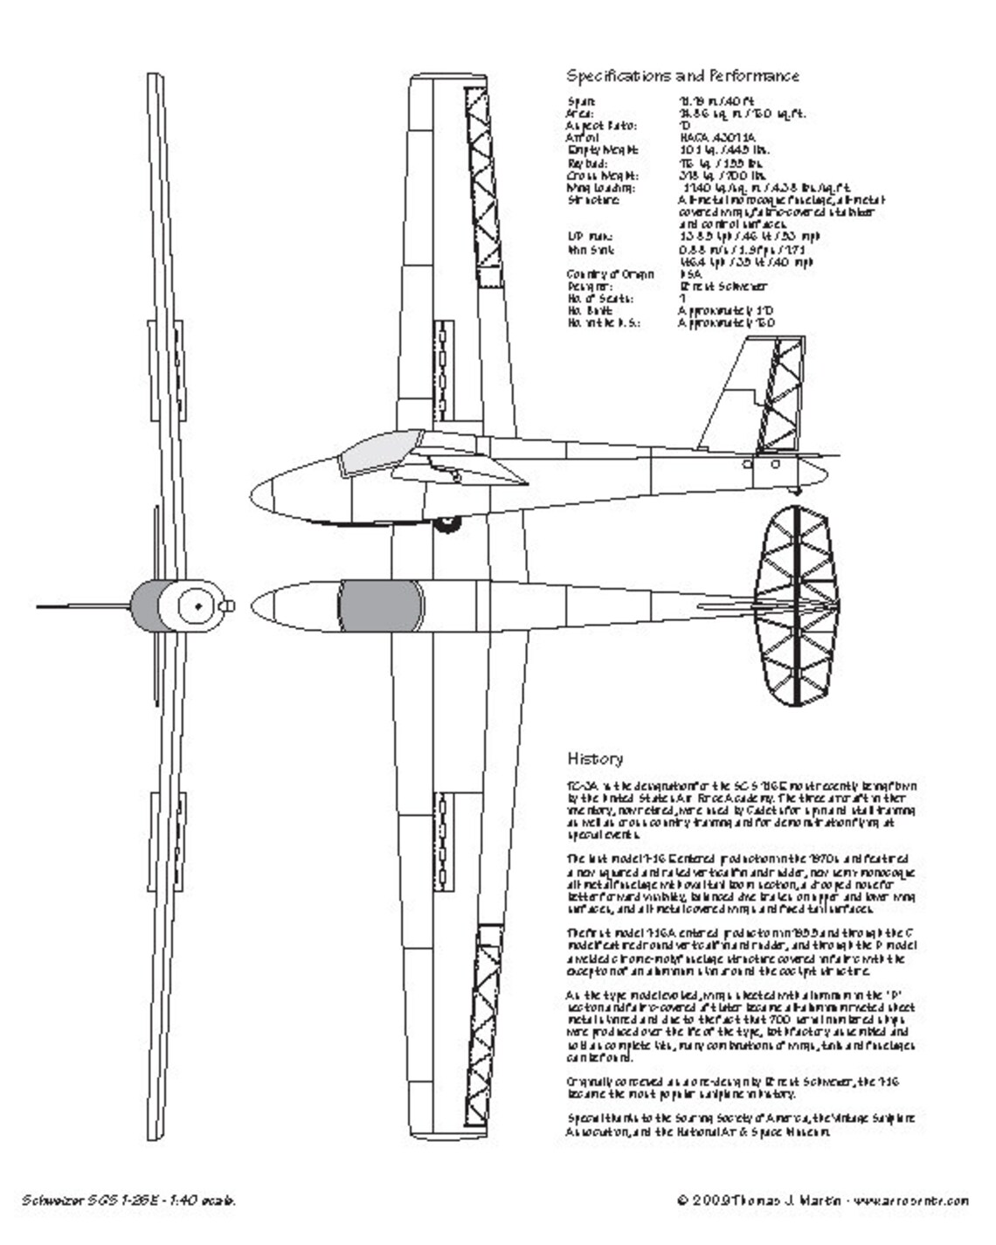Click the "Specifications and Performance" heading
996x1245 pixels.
[682, 76]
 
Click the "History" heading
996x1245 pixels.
[595, 758]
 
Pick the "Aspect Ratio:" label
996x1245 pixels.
[602, 126]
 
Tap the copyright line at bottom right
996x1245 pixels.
[822, 1200]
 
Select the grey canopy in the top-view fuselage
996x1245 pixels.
[379, 605]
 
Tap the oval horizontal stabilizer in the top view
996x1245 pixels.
[797, 605]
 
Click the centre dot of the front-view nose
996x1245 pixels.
[198, 605]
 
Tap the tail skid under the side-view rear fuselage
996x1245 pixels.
[797, 490]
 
